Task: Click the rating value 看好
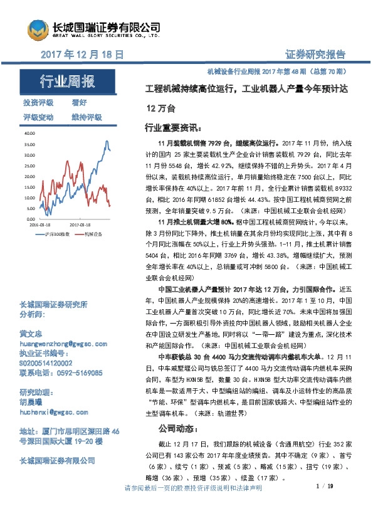point(79,103)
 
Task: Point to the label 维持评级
point(87,117)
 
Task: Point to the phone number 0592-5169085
point(78,372)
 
